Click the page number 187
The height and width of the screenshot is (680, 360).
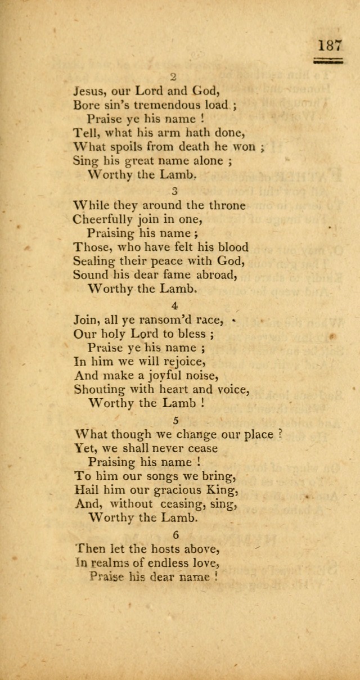(329, 44)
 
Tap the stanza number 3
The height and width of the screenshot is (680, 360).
(174, 190)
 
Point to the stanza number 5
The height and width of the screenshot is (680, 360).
(174, 420)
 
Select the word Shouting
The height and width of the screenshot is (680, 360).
(100, 389)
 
